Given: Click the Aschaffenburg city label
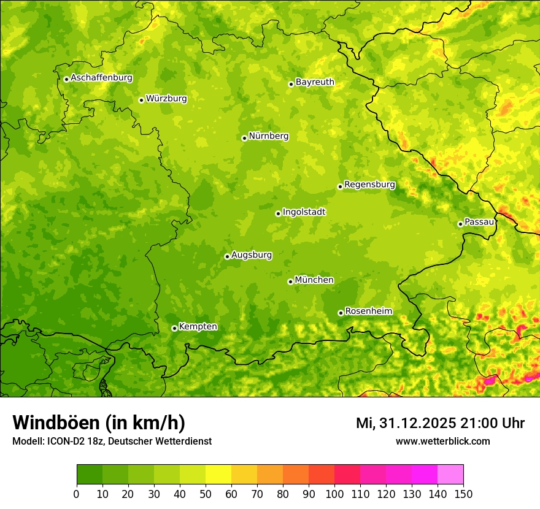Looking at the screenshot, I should pyautogui.click(x=101, y=78).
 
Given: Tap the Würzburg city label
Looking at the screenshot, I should pyautogui.click(x=166, y=99).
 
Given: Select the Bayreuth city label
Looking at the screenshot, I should pyautogui.click(x=315, y=82).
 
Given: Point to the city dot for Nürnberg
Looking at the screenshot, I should pyautogui.click(x=244, y=138).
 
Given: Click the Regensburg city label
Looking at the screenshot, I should pyautogui.click(x=369, y=185).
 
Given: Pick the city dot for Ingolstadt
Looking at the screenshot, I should pyautogui.click(x=278, y=213).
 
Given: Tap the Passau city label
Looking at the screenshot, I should pyautogui.click(x=479, y=222).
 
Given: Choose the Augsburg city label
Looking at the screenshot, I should pyautogui.click(x=252, y=255).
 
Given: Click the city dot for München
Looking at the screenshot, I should pyautogui.click(x=290, y=281).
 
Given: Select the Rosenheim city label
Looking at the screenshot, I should pyautogui.click(x=368, y=312).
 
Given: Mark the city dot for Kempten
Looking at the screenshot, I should pyautogui.click(x=174, y=328).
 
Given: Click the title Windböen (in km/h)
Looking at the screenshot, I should pyautogui.click(x=99, y=423).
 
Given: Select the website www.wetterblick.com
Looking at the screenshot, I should pyautogui.click(x=442, y=441).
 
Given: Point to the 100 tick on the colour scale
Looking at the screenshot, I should pyautogui.click(x=334, y=494).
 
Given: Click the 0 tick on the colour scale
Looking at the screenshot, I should pyautogui.click(x=77, y=494).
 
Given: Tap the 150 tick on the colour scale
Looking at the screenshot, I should pyautogui.click(x=463, y=494).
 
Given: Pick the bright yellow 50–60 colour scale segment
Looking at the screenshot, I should pyautogui.click(x=218, y=475).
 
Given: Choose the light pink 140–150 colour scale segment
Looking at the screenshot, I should pyautogui.click(x=450, y=475).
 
